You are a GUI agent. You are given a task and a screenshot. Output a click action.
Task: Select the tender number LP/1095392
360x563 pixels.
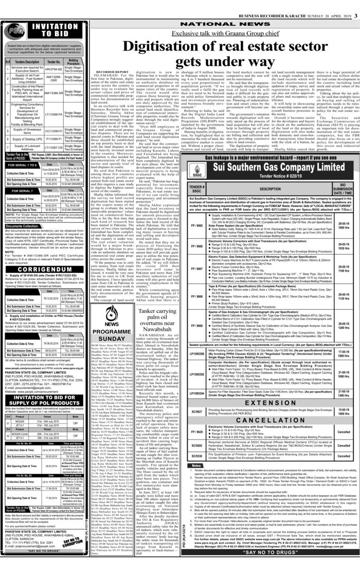click(x=212, y=376)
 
